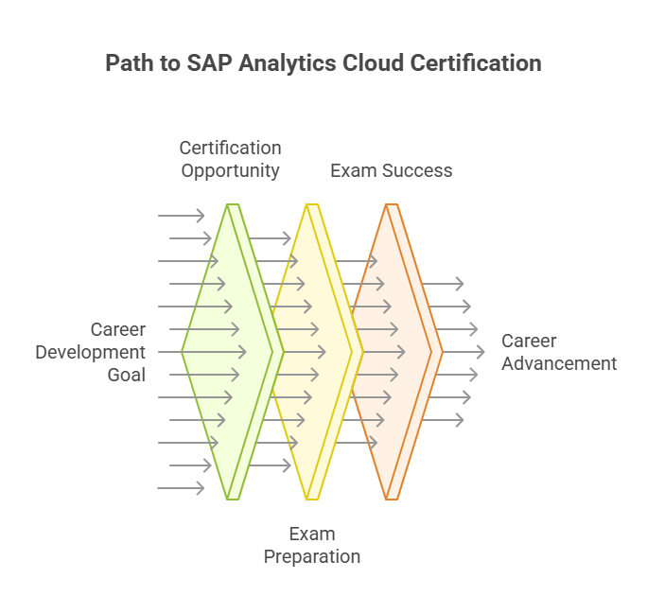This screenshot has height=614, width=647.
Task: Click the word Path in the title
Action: (127, 63)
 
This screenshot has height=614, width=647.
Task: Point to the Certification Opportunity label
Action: (230, 159)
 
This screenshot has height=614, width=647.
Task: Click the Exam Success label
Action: (391, 171)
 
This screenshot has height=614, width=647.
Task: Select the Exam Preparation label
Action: (311, 545)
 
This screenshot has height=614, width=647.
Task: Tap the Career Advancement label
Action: (558, 352)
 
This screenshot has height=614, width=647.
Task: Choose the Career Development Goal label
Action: (92, 352)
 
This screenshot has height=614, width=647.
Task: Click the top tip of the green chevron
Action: (233, 205)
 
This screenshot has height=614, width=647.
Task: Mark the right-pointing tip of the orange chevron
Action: (442, 352)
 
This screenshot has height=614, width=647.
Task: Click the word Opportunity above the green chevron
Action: (230, 171)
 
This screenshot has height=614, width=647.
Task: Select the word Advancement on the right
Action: (558, 363)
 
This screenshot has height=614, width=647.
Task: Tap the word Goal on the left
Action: (126, 375)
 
